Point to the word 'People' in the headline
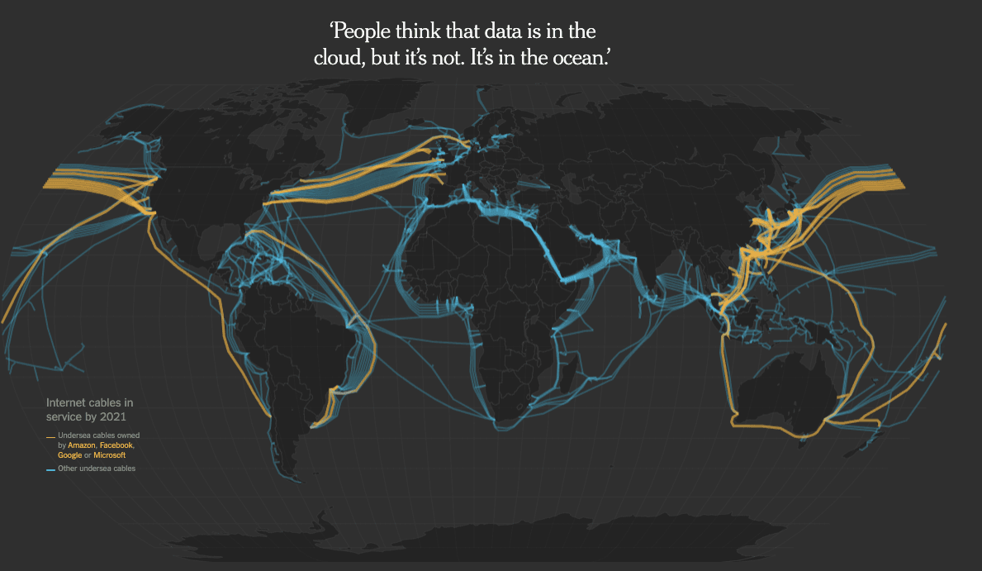[x=361, y=32]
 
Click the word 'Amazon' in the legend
[x=82, y=445]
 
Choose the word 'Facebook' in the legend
[x=116, y=445]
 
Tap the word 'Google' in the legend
[x=69, y=455]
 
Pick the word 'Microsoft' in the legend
[x=109, y=455]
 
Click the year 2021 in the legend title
[x=114, y=416]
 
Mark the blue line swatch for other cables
[x=50, y=469]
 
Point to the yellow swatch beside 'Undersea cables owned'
[x=50, y=435]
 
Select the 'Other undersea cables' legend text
[x=97, y=469]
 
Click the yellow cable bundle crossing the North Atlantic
[x=355, y=181]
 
